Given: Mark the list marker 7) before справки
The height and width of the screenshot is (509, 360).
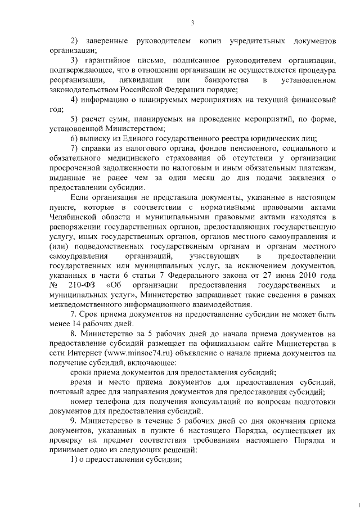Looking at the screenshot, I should [x=74, y=148].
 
